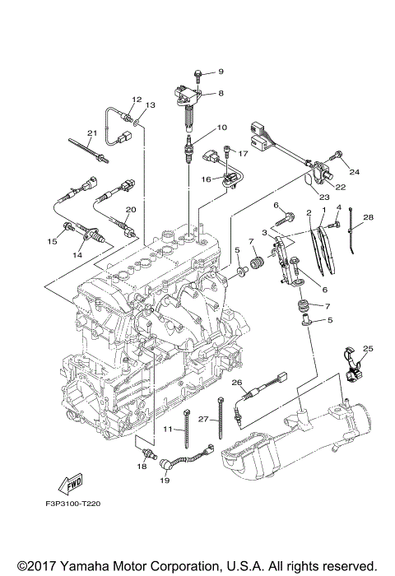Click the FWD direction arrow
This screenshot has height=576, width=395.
point(70,485)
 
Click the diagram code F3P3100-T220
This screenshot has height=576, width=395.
point(72,504)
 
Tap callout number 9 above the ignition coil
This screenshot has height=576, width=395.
point(221,72)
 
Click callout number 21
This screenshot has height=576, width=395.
point(92,132)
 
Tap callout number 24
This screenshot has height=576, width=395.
point(354,171)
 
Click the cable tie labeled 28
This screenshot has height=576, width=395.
point(352,230)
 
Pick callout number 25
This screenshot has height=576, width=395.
point(368,348)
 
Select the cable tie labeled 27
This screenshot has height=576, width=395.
point(221,418)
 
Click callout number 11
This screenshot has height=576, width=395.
point(168,429)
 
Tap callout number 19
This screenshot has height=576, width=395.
point(165,480)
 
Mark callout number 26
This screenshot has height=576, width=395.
point(237,383)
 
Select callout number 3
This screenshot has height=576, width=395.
point(264,232)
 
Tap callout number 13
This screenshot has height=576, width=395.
point(150,105)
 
